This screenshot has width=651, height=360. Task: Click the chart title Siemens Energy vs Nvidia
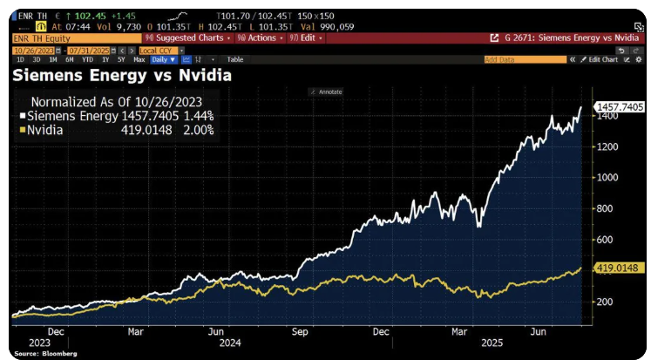pos(121,76)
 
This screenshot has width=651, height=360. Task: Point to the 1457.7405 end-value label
pos(620,106)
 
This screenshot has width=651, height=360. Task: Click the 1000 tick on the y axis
pos(607,177)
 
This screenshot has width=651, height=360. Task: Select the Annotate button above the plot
pos(328,92)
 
